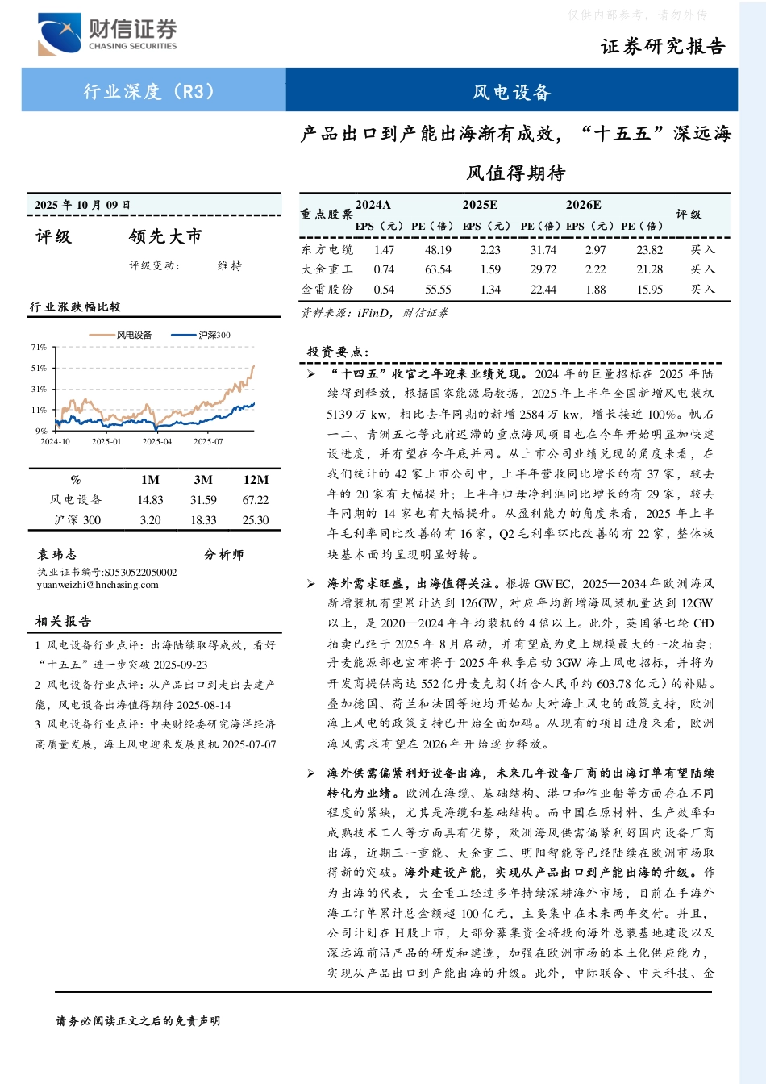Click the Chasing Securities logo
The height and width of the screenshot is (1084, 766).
(106, 35)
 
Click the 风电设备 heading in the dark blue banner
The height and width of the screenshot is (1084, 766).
(511, 92)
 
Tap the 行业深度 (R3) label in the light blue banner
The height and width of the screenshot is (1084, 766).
(150, 91)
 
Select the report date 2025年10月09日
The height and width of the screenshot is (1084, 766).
(82, 205)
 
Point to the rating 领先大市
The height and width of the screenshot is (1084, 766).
(165, 236)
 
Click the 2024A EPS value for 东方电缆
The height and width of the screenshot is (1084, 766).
(384, 250)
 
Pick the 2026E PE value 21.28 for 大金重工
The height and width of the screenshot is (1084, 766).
(649, 269)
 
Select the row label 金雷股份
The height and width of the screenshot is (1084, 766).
(327, 289)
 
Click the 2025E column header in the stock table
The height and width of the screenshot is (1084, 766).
(480, 205)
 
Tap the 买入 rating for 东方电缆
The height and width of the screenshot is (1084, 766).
(702, 250)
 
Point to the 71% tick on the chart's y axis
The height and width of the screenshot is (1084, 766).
(39, 348)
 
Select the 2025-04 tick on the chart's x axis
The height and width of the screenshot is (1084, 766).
(157, 441)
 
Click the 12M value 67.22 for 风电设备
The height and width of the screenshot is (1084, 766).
(256, 500)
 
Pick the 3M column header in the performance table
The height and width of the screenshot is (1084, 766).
(203, 479)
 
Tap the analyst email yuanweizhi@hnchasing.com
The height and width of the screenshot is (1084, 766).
(98, 585)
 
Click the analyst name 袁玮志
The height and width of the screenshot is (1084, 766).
(56, 554)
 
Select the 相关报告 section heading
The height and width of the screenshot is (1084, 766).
(63, 621)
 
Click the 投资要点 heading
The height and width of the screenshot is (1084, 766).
(338, 352)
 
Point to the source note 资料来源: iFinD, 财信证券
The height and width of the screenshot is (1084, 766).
(374, 313)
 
